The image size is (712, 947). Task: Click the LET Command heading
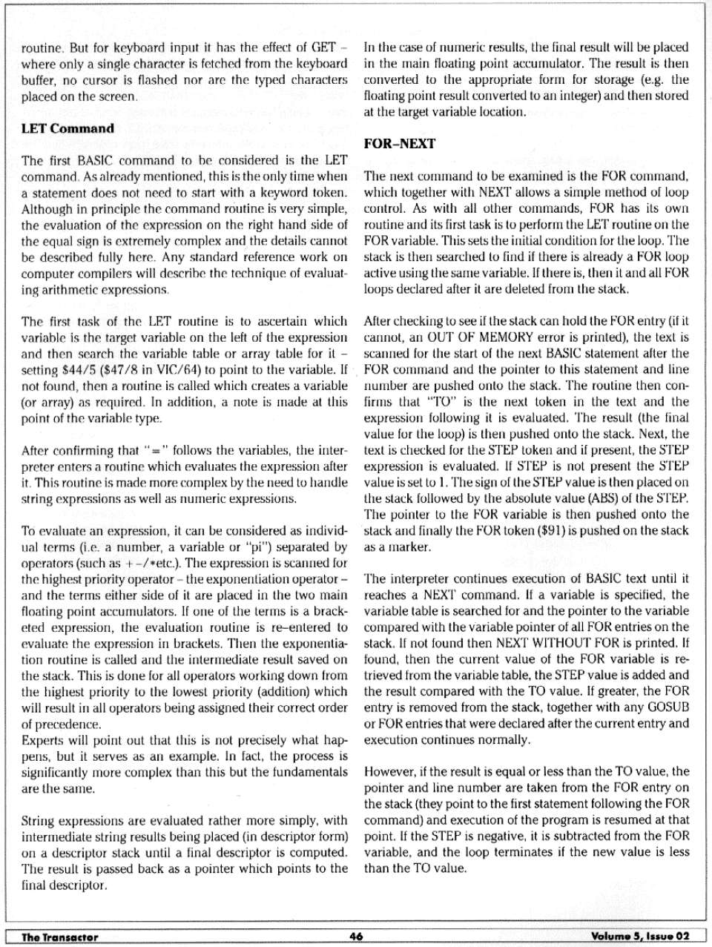[x=68, y=128]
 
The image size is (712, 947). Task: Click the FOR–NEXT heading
[x=399, y=144]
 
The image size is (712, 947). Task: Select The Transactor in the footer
[x=60, y=937]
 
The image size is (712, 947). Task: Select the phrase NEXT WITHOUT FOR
[x=570, y=643]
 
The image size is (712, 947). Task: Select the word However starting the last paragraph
[x=389, y=771]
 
